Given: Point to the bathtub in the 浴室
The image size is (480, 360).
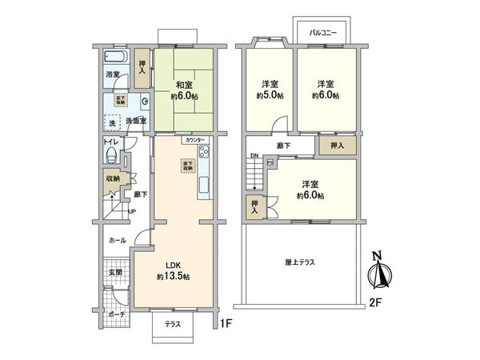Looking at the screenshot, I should tap(114, 58).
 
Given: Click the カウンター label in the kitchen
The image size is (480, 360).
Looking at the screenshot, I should tap(194, 140).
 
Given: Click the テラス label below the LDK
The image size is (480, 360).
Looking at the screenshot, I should tap(172, 324).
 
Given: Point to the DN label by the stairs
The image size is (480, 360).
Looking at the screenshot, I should tap(254, 157).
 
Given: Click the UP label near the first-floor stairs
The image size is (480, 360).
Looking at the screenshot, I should tap(132, 212).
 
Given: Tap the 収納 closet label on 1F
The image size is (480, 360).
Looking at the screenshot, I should tap(111, 179).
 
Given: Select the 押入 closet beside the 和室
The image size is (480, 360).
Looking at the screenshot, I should tap(142, 67).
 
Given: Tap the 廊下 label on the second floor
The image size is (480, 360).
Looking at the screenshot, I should tap(284, 146).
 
